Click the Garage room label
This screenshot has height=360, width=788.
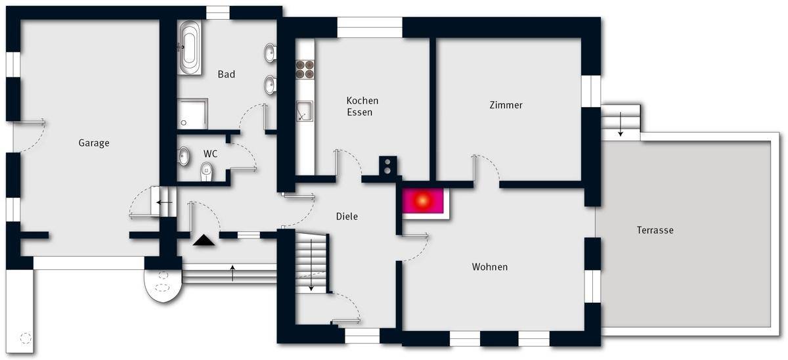tap(94, 143)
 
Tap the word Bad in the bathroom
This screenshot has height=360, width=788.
tap(227, 74)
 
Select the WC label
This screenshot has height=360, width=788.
tap(211, 154)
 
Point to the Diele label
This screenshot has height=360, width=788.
tap(347, 216)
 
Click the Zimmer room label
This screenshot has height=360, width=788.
tap(506, 105)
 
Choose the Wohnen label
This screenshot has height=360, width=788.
tap(489, 267)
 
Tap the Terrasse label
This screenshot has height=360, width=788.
tap(655, 230)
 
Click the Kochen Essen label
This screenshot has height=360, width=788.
tap(362, 106)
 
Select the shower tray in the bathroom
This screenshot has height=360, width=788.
tap(192, 113)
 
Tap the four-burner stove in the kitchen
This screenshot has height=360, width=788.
tap(305, 70)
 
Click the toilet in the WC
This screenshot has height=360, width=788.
tap(206, 172)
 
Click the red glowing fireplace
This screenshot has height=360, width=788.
tap(424, 200)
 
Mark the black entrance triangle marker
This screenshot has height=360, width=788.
tap(204, 240)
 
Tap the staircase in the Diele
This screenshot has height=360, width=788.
tap(311, 263)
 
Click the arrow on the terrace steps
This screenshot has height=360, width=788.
tap(620, 123)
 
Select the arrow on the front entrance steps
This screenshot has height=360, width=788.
tap(232, 272)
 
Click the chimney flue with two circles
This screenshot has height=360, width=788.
tap(389, 166)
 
